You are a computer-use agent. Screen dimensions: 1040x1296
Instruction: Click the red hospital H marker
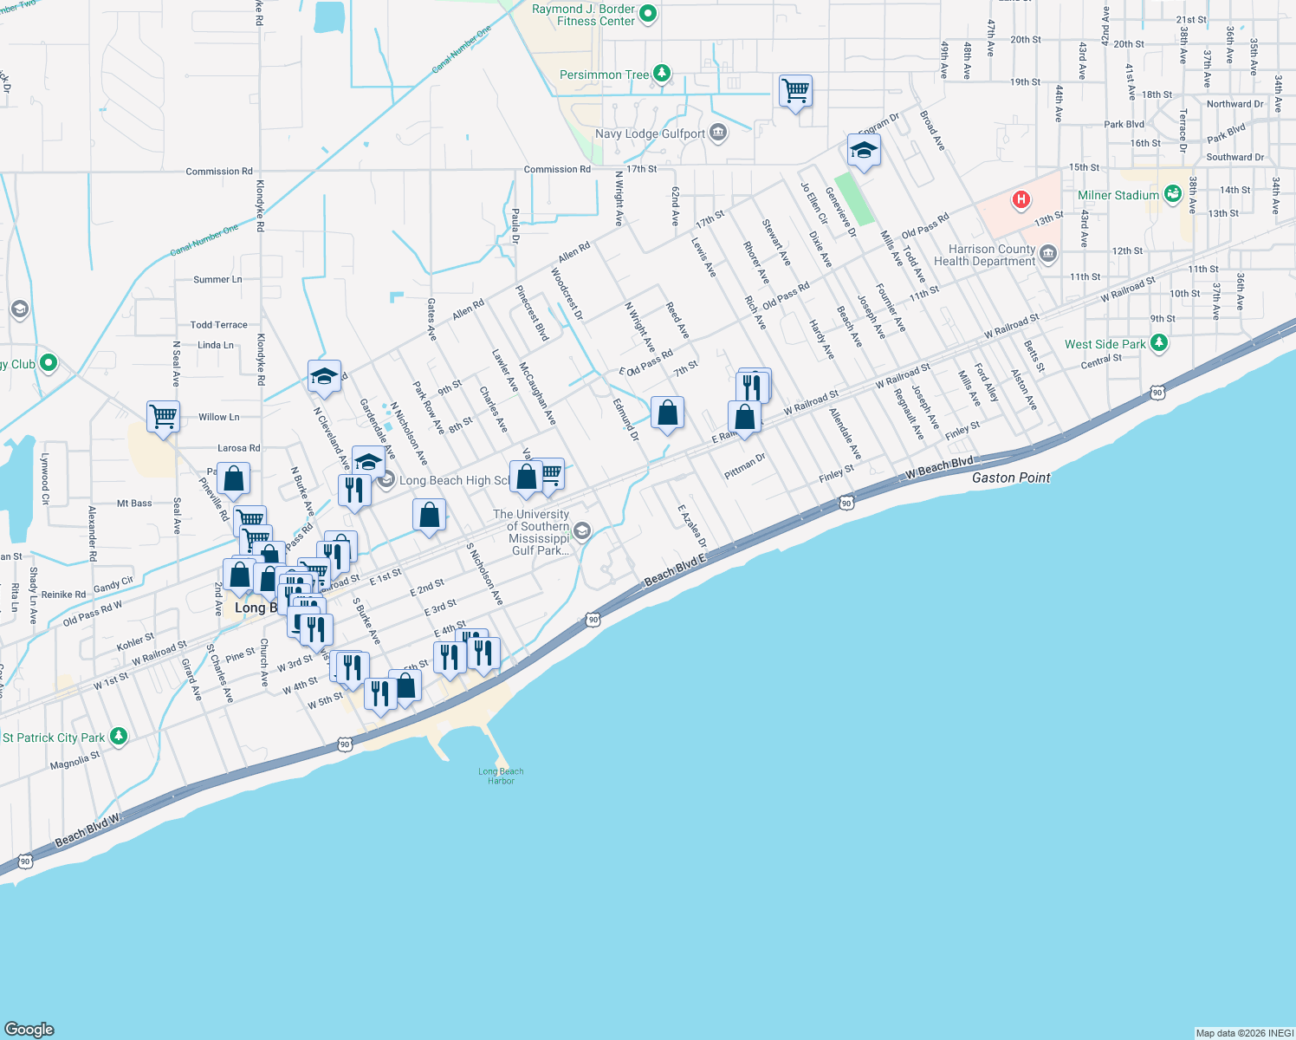pos(1021,200)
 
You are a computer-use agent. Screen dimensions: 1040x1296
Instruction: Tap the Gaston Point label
pos(1011,478)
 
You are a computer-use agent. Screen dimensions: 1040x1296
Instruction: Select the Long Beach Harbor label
pos(501,776)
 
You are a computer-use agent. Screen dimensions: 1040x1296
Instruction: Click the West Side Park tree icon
pos(1159,343)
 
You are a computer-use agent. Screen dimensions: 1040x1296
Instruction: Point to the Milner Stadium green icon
pos(1172,194)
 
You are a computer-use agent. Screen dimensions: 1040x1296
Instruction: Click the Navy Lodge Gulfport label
pos(650,133)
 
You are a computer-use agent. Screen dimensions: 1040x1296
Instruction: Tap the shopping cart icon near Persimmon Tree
pos(795,90)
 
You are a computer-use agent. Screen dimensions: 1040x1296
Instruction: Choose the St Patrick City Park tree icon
pos(119,737)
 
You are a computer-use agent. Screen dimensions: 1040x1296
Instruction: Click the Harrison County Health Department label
pos(985,255)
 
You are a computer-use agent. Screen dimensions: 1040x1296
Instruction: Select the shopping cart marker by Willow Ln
pos(163,416)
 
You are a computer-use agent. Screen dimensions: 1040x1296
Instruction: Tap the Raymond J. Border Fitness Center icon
pos(647,13)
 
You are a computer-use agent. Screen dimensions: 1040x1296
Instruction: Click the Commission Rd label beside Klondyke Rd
pos(219,172)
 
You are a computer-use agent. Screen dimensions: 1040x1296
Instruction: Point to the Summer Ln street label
pos(217,280)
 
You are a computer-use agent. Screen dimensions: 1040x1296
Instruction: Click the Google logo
pos(29,1029)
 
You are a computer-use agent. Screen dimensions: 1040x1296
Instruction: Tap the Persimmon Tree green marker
pos(662,74)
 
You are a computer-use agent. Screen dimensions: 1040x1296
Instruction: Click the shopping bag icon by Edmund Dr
pos(667,413)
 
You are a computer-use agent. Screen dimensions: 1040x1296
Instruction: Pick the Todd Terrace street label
pos(218,325)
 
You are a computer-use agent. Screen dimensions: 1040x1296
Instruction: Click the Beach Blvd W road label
pos(87,831)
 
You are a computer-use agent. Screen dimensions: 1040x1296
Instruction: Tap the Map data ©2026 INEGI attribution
pos(1244,1033)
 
